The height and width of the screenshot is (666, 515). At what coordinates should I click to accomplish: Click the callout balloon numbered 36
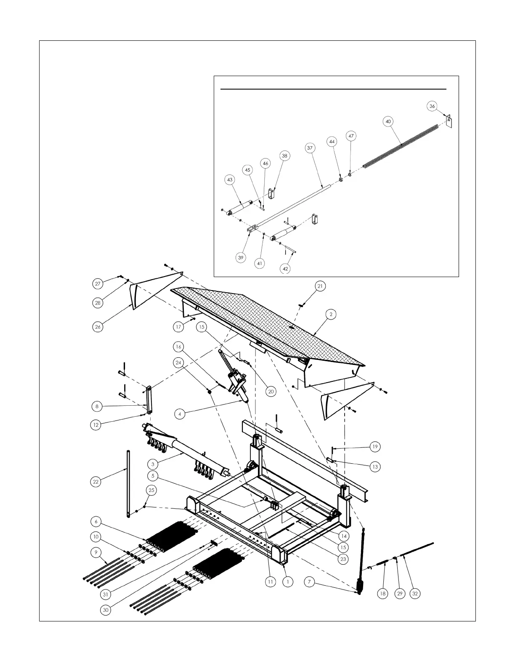432,106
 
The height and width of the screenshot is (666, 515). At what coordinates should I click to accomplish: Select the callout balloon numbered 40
388,122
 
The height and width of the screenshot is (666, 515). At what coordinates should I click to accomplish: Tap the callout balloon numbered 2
331,314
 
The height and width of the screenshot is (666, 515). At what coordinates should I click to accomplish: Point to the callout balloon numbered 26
98,327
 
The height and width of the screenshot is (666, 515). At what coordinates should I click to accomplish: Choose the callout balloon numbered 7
309,582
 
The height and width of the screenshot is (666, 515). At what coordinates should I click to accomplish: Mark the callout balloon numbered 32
415,593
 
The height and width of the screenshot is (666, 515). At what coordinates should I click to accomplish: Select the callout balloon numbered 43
230,180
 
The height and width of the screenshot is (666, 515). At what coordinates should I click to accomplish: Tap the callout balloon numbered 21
320,286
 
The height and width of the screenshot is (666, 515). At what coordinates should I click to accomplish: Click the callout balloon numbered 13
375,467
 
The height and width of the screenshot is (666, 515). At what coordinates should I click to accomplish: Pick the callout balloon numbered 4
180,415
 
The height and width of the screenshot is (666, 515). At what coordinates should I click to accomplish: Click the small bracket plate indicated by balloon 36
449,122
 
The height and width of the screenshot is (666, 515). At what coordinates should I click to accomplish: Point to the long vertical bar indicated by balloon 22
128,484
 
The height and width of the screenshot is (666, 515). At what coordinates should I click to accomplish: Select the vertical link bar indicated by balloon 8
149,400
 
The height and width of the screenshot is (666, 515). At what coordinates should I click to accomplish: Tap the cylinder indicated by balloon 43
240,207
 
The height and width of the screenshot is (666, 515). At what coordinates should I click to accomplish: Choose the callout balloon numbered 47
351,136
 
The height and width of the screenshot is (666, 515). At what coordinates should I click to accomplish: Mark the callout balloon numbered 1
288,582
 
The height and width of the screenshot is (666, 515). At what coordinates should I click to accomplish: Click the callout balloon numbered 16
178,346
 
